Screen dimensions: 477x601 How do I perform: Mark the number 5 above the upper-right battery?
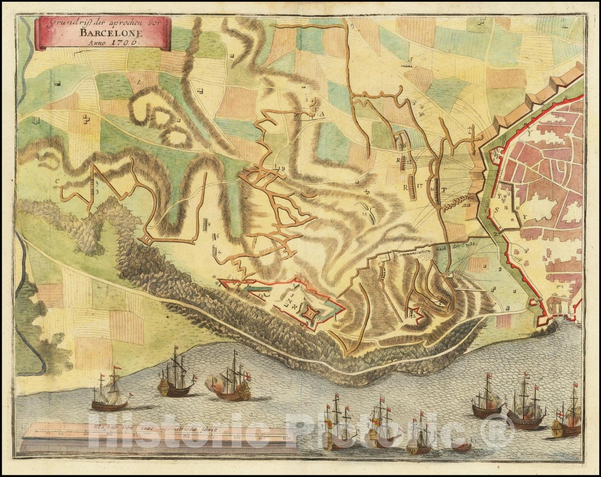[x=411, y=59]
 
